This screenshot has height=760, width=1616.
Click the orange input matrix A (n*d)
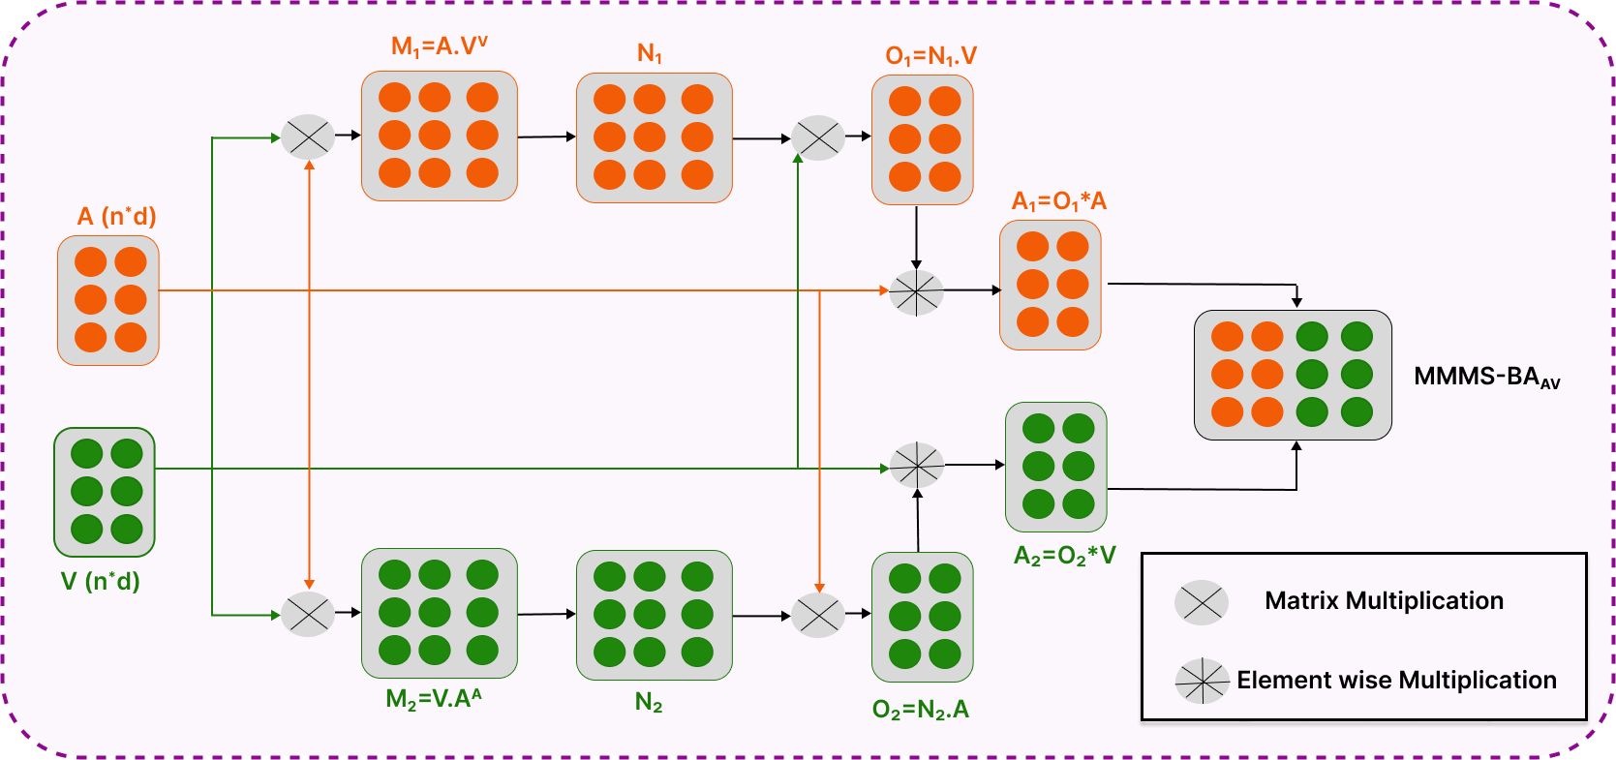[108, 301]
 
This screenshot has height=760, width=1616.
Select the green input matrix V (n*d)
[105, 493]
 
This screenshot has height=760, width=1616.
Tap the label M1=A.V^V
[440, 46]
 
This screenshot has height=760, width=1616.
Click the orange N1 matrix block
[655, 137]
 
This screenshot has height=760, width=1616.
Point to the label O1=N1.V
[930, 56]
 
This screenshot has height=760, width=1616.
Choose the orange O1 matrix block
[923, 139]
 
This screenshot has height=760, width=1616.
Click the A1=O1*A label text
[1059, 201]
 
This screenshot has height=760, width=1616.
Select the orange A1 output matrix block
[1051, 285]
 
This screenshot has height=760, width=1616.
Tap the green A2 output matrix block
[1056, 468]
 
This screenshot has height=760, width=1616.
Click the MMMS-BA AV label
[1487, 378]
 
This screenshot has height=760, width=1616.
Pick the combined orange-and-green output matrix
[1293, 375]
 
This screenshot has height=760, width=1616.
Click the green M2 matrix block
[440, 614]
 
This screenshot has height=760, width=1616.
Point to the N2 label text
[649, 702]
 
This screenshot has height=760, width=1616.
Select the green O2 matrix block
[923, 618]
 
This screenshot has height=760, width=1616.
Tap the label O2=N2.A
[921, 711]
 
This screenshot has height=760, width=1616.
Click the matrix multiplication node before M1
[308, 137]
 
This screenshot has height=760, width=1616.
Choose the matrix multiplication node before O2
[818, 615]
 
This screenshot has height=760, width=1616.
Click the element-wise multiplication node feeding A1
[916, 292]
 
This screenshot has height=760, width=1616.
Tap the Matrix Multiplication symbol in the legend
[1202, 602]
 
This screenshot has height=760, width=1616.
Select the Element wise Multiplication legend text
[1396, 680]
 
